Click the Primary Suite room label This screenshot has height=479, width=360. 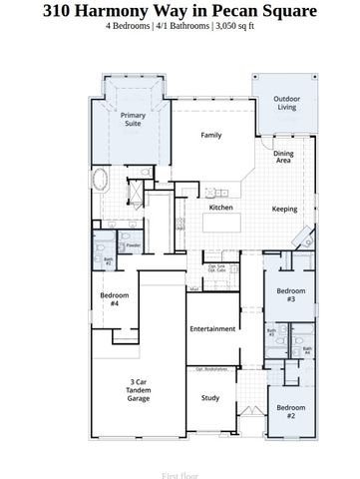click(133, 121)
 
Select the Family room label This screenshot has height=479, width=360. click(210, 135)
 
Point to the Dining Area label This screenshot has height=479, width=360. click(283, 157)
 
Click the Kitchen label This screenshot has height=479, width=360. click(220, 208)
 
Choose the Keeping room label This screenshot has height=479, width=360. click(284, 209)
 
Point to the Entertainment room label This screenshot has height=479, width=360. click(211, 328)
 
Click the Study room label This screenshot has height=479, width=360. click(210, 398)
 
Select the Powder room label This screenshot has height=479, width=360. click(133, 244)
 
